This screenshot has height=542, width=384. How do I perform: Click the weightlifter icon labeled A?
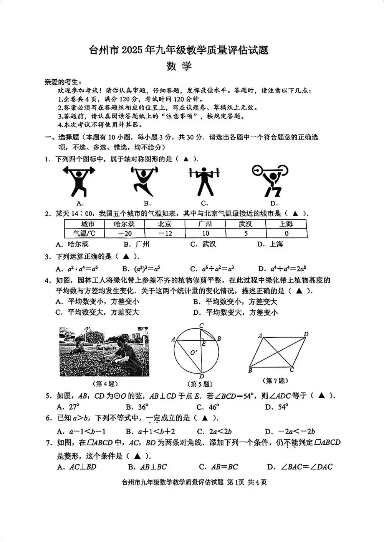click(x=79, y=181)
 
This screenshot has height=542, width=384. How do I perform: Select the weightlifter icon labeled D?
click(x=271, y=180)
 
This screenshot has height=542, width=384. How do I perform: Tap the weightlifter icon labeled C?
click(x=204, y=181)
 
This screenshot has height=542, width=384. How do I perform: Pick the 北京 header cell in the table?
click(x=165, y=224)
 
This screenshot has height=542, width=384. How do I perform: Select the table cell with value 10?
click(x=205, y=233)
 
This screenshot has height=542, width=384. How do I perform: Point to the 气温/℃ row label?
click(x=84, y=233)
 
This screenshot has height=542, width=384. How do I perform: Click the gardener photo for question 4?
click(x=104, y=351)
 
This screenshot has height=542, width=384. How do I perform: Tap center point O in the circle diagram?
click(x=192, y=352)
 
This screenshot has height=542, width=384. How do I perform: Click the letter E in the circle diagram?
click(x=204, y=344)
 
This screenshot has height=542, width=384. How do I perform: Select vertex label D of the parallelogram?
click(x=306, y=334)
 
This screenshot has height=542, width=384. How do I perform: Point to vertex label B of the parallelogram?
click(x=250, y=370)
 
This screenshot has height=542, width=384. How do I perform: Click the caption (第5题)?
click(x=200, y=384)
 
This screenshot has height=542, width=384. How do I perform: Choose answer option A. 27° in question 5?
click(x=68, y=407)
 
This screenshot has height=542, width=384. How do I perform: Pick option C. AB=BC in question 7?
click(x=218, y=466)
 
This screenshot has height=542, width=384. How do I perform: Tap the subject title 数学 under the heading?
click(x=179, y=66)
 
